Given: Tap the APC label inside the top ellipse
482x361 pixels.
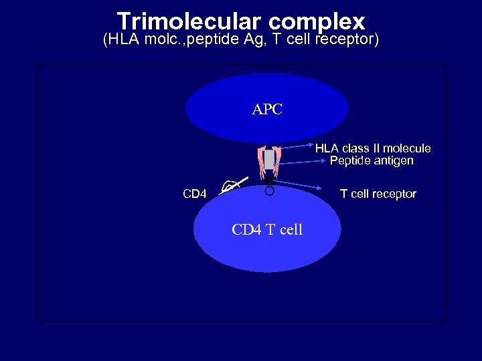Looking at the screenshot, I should coord(267,109).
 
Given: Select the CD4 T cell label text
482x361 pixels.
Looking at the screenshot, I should coord(267,229).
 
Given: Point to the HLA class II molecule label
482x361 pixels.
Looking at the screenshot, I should coord(373,148).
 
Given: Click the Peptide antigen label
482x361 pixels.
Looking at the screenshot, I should coord(372,160).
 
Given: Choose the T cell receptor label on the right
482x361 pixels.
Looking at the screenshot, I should coord(378,194).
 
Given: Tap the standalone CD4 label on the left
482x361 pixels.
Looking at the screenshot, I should coord(195,194).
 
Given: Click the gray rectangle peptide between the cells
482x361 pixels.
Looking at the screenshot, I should coord(269,160).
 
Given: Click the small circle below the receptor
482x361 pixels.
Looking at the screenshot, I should coord(269,191).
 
